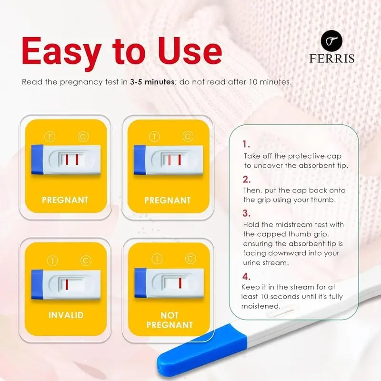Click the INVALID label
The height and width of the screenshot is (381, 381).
[x=65, y=315]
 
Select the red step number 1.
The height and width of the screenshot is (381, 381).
[x=245, y=144]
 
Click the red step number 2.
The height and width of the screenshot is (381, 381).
[x=246, y=179]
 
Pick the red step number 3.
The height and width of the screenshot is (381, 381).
[x=246, y=213]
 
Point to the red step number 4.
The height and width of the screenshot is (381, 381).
[x=246, y=276]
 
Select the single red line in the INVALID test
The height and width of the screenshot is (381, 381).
[x=68, y=285]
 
